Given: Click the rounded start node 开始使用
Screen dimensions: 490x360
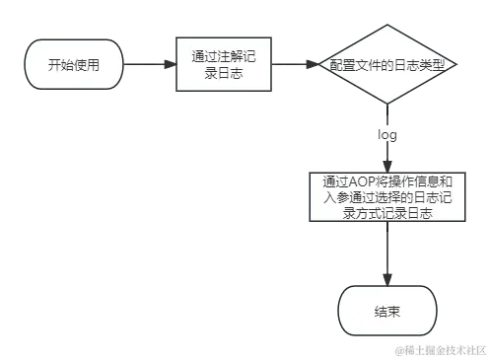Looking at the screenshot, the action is tap(73, 65).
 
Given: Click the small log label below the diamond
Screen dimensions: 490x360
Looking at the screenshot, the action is tap(386, 131).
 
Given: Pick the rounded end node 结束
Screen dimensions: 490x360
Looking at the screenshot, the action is tap(387, 312).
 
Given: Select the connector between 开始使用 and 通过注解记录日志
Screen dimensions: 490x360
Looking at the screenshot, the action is tap(149, 65).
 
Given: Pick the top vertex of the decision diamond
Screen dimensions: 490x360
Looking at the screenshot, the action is tap(387, 21).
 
